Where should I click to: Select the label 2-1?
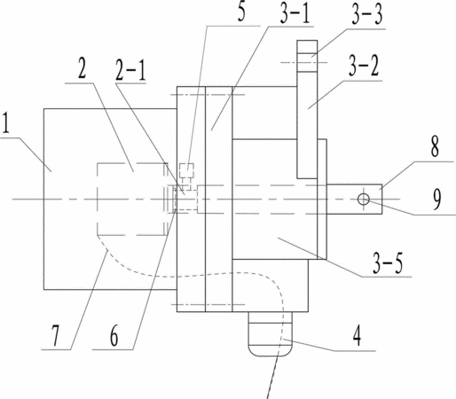click(x=130, y=70)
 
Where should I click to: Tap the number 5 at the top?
click(x=241, y=12)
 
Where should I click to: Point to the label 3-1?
click(x=295, y=13)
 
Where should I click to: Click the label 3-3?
click(x=367, y=14)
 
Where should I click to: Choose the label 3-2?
click(x=364, y=66)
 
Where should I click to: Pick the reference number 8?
click(x=435, y=146)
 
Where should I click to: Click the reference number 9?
click(x=436, y=199)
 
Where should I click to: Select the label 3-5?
click(x=388, y=263)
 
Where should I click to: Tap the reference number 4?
click(x=357, y=336)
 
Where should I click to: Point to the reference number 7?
click(x=55, y=335)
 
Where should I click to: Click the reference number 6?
click(x=114, y=336)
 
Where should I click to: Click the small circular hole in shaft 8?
click(x=364, y=199)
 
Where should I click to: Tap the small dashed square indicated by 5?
click(x=186, y=170)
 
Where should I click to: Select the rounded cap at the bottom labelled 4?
click(x=270, y=334)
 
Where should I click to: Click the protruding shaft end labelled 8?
click(x=354, y=199)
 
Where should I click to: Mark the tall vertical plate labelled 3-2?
click(x=307, y=109)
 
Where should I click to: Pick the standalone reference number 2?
click(x=82, y=68)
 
